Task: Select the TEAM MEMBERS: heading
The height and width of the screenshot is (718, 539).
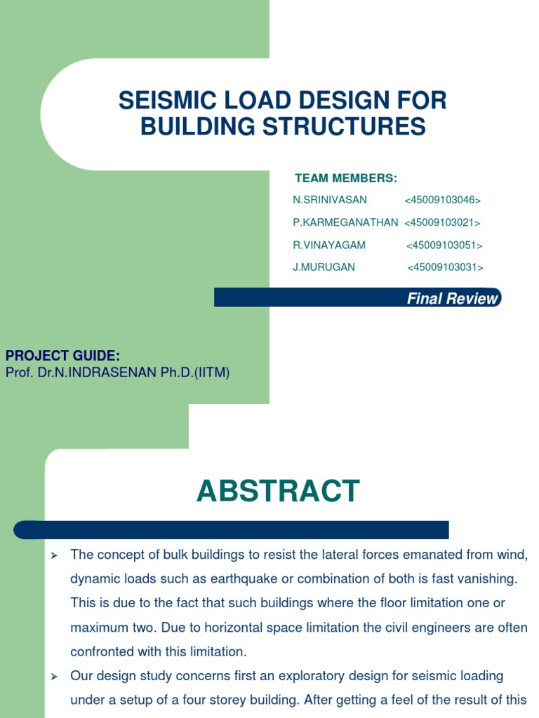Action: pyautogui.click(x=346, y=177)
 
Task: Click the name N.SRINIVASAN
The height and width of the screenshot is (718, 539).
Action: pyautogui.click(x=330, y=200)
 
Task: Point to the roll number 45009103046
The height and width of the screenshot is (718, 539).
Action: pyautogui.click(x=442, y=201)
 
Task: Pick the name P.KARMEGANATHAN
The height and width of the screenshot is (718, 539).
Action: pyautogui.click(x=345, y=222)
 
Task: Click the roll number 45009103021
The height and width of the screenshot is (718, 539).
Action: pyautogui.click(x=442, y=223)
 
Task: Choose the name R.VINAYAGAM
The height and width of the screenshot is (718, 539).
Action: pyautogui.click(x=329, y=245)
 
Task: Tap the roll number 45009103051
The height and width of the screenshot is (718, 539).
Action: pyautogui.click(x=444, y=245)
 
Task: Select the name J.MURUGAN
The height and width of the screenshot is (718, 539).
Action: pyautogui.click(x=324, y=267)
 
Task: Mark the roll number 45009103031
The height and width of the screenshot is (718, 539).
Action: pyautogui.click(x=445, y=268)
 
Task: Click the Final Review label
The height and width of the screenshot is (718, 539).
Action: pyautogui.click(x=453, y=299)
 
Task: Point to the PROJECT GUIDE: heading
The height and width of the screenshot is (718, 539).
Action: pyautogui.click(x=62, y=356)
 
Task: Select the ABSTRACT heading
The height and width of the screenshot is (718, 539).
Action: pyautogui.click(x=278, y=491)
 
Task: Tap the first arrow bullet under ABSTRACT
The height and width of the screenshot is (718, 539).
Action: pyautogui.click(x=53, y=555)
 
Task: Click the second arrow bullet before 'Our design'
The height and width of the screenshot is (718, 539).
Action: pyautogui.click(x=53, y=677)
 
